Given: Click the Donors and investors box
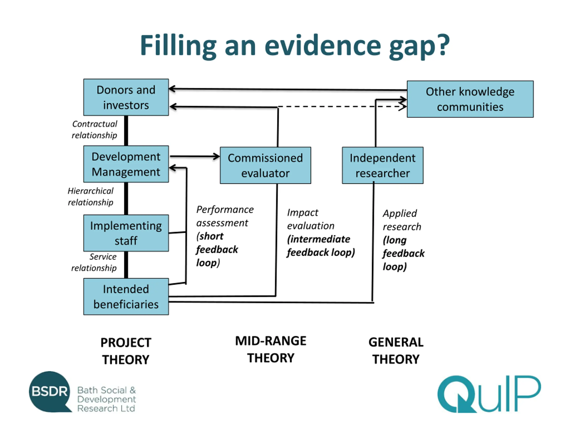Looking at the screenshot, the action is coord(126,97).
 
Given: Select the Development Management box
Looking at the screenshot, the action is coord(126,164).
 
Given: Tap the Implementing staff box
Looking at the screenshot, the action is coord(126,233).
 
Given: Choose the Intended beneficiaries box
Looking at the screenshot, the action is coord(126,296).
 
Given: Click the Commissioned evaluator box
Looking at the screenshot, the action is coord(265,165).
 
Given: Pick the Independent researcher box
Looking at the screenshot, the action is coord(383,165).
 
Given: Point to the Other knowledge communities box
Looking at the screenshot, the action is coord(470,99).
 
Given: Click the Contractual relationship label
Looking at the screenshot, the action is coord(94,130).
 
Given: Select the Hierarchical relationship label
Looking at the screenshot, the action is coord(90,197).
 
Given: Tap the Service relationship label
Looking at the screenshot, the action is coord(94,262).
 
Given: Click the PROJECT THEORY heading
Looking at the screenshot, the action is coord(126,351).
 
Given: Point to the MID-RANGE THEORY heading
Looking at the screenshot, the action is coord(271,349).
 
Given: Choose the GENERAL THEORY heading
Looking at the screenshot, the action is coord(396,351).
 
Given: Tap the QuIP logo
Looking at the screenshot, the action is coord(489,394).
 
